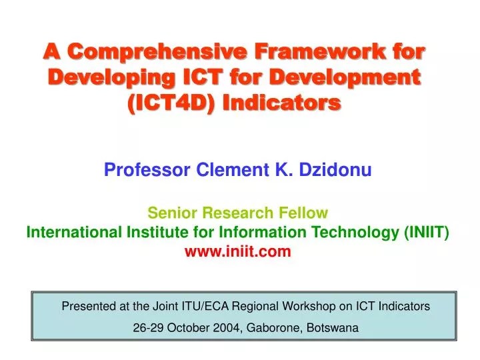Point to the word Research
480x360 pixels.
[x=238, y=213]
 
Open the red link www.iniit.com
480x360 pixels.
[x=238, y=251]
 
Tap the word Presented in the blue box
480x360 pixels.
[x=87, y=307]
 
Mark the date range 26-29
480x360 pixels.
[x=149, y=328]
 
